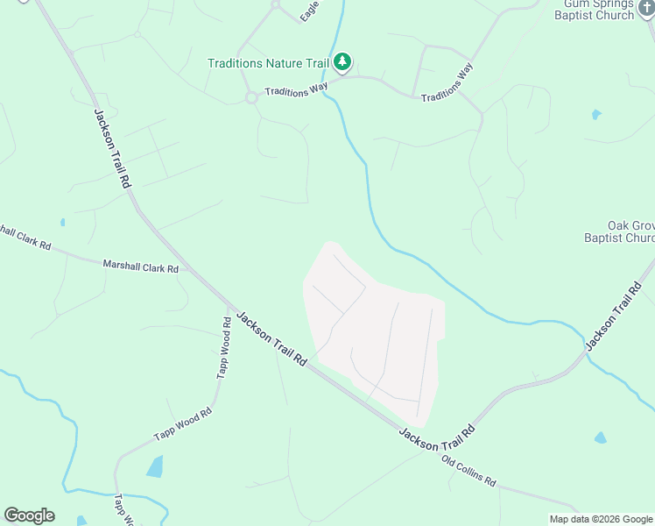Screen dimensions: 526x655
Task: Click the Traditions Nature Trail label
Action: point(268,63)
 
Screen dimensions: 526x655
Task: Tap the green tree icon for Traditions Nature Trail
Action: point(343,62)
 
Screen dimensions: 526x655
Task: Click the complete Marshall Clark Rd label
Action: point(141,265)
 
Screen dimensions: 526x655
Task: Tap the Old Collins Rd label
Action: point(468,471)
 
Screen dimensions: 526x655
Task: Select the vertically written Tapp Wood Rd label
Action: point(225,348)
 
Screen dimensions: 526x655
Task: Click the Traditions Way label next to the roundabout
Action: point(296,89)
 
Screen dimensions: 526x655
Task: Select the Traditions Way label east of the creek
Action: point(447,83)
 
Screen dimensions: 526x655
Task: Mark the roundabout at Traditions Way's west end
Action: point(251,97)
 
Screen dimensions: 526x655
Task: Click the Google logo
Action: point(29,515)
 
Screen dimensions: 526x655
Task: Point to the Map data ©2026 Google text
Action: point(600,519)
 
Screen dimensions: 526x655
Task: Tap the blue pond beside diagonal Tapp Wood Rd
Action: point(154,466)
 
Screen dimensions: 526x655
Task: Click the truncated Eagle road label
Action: point(308,11)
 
